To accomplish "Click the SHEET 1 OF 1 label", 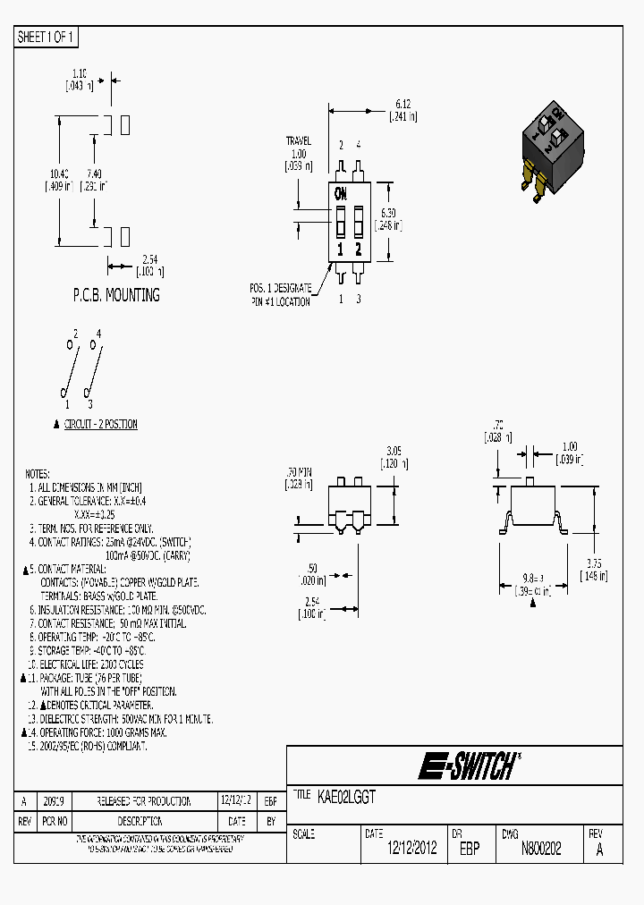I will tap(47, 37).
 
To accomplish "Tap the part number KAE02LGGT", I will tap(346, 796).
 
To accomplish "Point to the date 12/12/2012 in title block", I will tap(411, 849).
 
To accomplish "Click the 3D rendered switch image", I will tap(553, 148).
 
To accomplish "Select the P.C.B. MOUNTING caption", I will tap(116, 295).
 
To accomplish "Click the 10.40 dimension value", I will tap(59, 173).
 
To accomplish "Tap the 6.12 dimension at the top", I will tap(403, 104).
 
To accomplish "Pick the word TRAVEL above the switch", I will tap(298, 141).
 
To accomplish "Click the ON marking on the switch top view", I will tap(341, 193).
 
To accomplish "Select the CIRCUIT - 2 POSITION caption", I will tap(100, 425).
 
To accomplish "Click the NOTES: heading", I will tap(38, 474).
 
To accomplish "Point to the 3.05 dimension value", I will tap(394, 451).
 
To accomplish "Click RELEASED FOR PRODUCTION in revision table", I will tap(144, 801).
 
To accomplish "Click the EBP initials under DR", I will tap(470, 849).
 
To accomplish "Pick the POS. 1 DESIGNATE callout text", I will tap(281, 288).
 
